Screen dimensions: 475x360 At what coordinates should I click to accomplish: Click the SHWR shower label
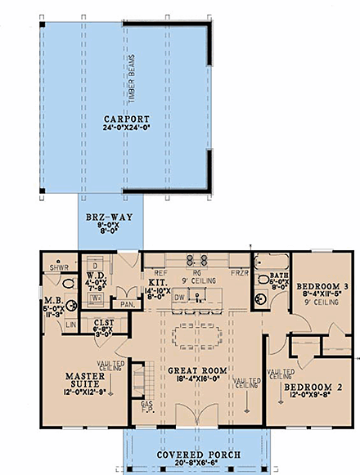(57, 267)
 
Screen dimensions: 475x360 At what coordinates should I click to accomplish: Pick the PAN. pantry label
(128, 304)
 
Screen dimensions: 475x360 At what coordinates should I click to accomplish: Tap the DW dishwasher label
(178, 298)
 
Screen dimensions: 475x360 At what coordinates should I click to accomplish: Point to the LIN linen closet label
(70, 325)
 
